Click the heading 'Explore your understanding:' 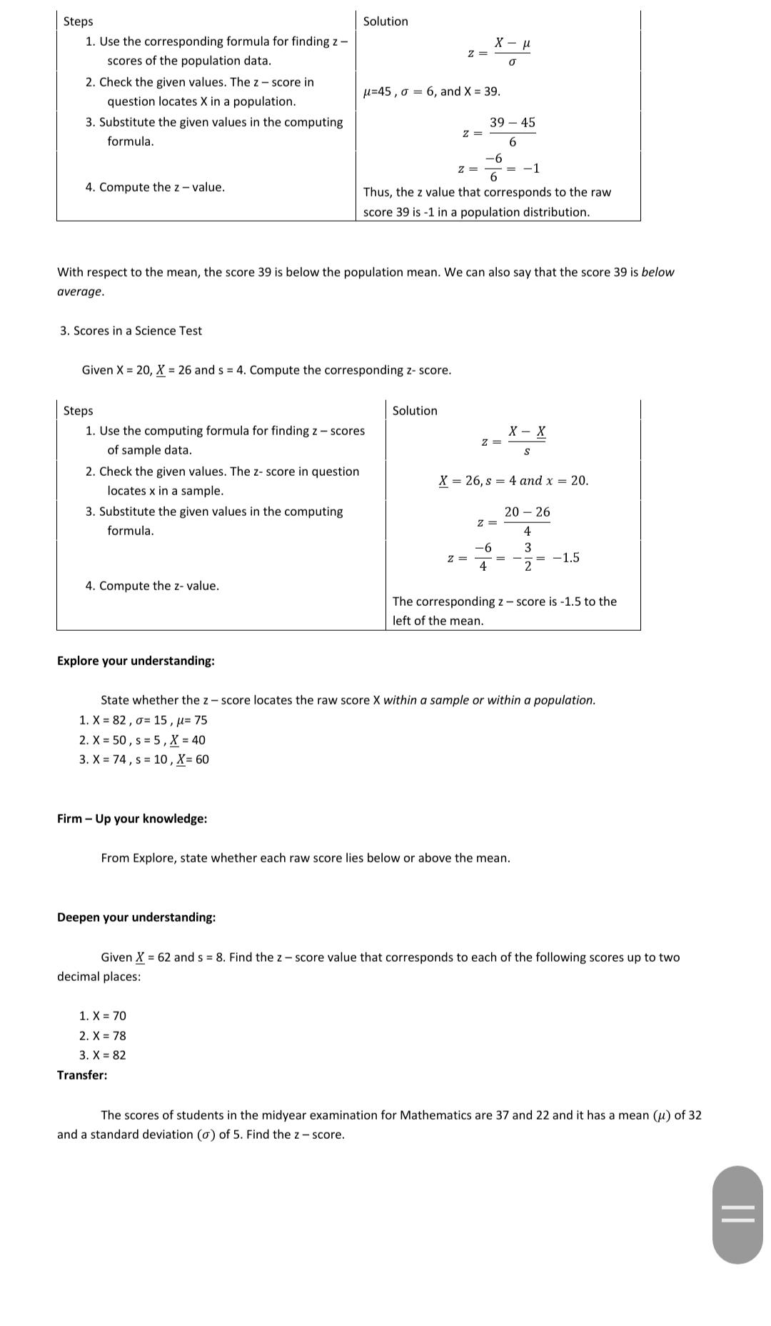point(136,661)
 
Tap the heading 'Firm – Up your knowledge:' point(132,819)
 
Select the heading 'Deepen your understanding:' point(136,917)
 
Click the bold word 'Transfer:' point(82,1075)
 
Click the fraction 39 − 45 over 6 point(512,132)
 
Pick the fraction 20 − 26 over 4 point(527,522)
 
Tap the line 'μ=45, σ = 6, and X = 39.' point(432,91)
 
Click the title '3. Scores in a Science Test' point(131,331)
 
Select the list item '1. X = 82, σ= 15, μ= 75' point(143,720)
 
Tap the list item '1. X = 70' point(103,1016)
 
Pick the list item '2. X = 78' point(103,1036)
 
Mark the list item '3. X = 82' point(103,1055)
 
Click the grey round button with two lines point(737,1215)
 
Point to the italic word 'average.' point(81,291)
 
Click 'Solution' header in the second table point(415,411)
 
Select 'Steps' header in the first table point(78,21)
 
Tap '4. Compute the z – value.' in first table point(155,187)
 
